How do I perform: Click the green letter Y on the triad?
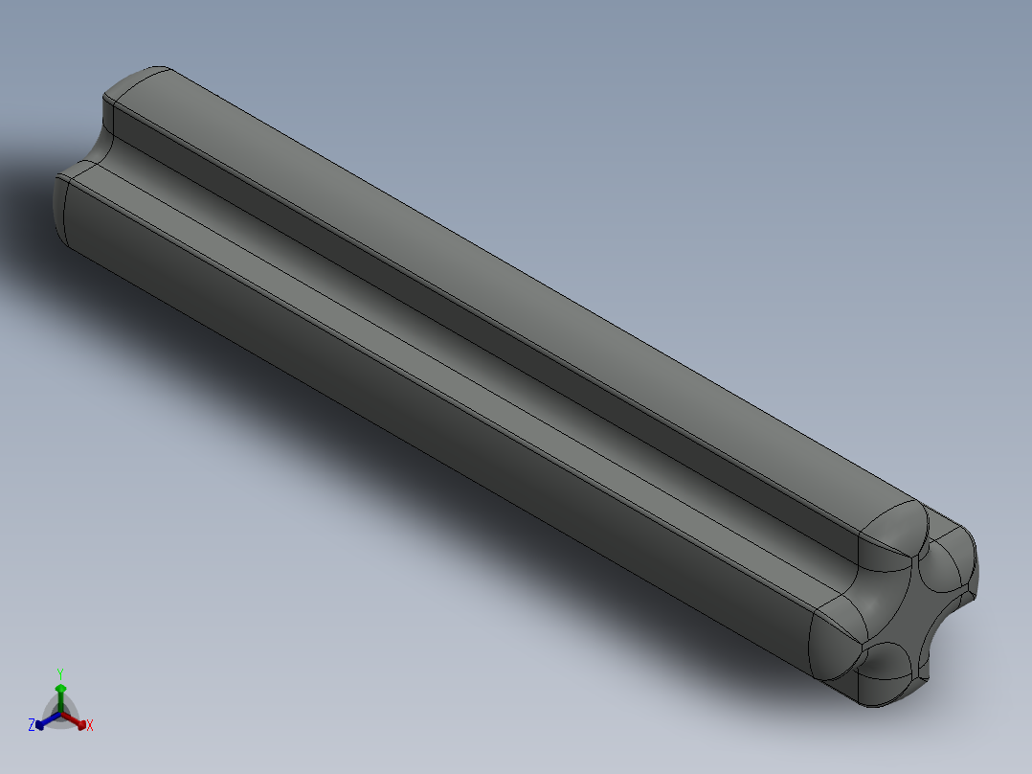click(59, 672)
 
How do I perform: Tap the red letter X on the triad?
click(90, 726)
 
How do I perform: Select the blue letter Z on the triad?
click(32, 726)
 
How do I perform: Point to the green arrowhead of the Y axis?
click(59, 689)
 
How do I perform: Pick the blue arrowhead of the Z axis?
click(40, 723)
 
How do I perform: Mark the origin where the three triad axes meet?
click(60, 714)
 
